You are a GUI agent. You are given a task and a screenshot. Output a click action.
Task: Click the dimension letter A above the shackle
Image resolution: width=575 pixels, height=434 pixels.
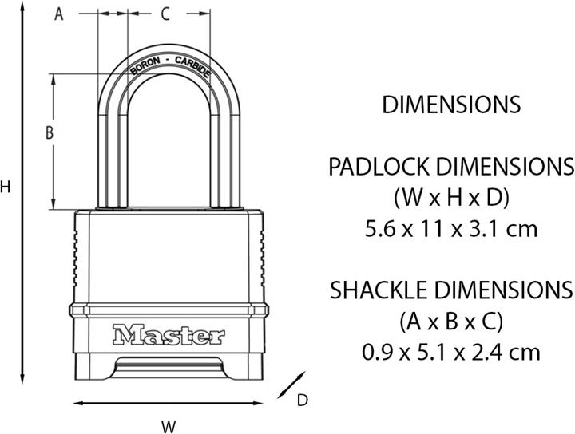[x=58, y=14]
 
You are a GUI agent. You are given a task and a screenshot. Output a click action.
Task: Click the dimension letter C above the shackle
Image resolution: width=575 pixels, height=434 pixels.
[x=165, y=14]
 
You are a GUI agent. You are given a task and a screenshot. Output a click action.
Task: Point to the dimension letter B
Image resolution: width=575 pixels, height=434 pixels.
[x=49, y=134]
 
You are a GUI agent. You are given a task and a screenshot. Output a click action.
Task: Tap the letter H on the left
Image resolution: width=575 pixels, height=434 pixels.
[x=6, y=187]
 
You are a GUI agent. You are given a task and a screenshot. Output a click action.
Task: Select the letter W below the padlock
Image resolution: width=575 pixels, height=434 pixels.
[x=169, y=426]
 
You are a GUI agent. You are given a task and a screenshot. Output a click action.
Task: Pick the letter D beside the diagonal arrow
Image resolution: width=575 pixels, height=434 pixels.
[x=303, y=400]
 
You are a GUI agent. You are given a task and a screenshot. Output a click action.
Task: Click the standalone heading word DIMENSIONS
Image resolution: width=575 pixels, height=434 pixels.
[x=451, y=105]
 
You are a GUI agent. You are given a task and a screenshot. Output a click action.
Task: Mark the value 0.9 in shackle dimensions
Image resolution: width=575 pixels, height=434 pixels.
[x=375, y=351]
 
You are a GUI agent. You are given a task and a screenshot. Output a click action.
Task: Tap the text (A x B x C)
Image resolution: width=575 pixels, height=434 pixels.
[x=451, y=321]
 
